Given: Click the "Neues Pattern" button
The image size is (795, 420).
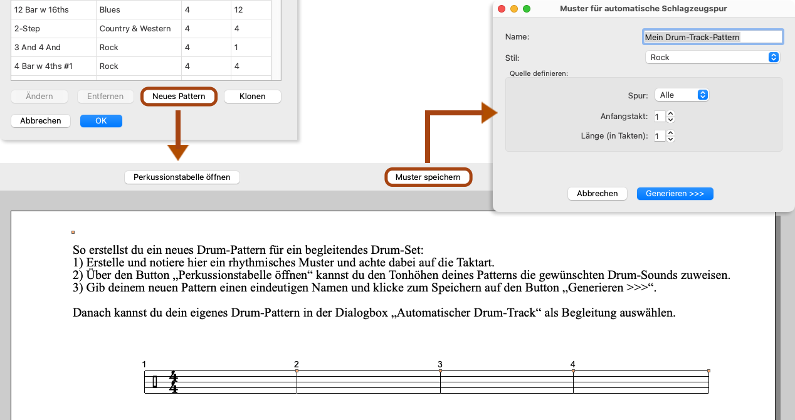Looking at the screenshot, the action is (x=179, y=96).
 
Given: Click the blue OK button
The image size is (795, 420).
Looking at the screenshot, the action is (x=101, y=120).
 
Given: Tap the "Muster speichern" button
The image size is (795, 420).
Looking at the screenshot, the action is (x=428, y=177).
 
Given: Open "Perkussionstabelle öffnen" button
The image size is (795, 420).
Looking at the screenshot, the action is (x=182, y=177).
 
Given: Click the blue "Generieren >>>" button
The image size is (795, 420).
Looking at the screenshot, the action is (x=675, y=193).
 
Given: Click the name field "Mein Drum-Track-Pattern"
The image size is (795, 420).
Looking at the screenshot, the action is (x=713, y=37).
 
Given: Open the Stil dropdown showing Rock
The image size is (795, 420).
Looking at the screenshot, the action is (x=712, y=57).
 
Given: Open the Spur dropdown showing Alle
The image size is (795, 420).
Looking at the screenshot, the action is (x=682, y=95).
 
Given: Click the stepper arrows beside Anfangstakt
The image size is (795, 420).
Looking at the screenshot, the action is (x=670, y=117).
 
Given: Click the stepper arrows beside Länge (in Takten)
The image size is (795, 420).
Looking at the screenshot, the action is (x=670, y=136).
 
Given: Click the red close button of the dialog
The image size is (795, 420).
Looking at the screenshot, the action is (x=502, y=9).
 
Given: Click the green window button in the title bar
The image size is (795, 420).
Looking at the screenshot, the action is (x=527, y=9).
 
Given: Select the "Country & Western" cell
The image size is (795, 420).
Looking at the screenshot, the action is (x=135, y=28).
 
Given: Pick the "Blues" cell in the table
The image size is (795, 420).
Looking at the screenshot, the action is (x=110, y=9).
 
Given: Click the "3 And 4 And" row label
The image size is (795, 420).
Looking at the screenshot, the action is (x=38, y=47).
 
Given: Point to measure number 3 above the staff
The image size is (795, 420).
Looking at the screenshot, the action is (x=440, y=364).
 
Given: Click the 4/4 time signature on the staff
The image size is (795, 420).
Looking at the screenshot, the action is (x=173, y=382).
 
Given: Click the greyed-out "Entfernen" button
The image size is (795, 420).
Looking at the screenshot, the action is (x=105, y=96).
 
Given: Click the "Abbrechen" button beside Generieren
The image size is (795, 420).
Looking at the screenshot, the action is (x=598, y=193).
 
